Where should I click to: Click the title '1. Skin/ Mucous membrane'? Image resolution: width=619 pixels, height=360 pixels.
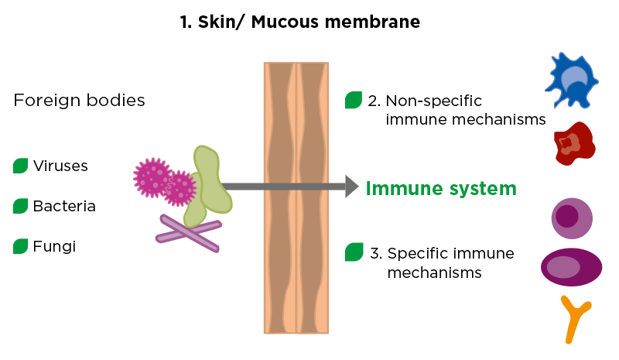pos(299,22)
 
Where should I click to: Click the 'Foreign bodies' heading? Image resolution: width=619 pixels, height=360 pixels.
pos(79,101)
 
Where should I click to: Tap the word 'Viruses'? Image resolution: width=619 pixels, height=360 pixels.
pos(60,166)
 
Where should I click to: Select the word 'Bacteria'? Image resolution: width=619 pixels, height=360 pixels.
pos(64,206)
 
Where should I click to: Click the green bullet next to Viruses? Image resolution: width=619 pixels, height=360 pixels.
pos(21,166)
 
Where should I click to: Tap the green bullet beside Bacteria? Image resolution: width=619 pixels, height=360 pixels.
pos(21,206)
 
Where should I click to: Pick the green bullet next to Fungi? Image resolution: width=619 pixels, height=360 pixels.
pos(21,246)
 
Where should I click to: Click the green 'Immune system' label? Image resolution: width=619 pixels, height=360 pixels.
pos(440,187)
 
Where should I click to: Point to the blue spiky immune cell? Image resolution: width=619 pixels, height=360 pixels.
pos(573,81)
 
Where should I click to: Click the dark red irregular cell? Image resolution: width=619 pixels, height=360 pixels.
pos(573,144)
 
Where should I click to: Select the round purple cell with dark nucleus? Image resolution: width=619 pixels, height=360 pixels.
pos(571,218)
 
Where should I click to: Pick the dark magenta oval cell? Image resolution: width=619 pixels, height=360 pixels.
pos(571,266)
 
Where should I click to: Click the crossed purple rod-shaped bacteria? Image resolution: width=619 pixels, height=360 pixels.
pos(189,232)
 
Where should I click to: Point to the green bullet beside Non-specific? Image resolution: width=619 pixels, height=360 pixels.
pos(354,100)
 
